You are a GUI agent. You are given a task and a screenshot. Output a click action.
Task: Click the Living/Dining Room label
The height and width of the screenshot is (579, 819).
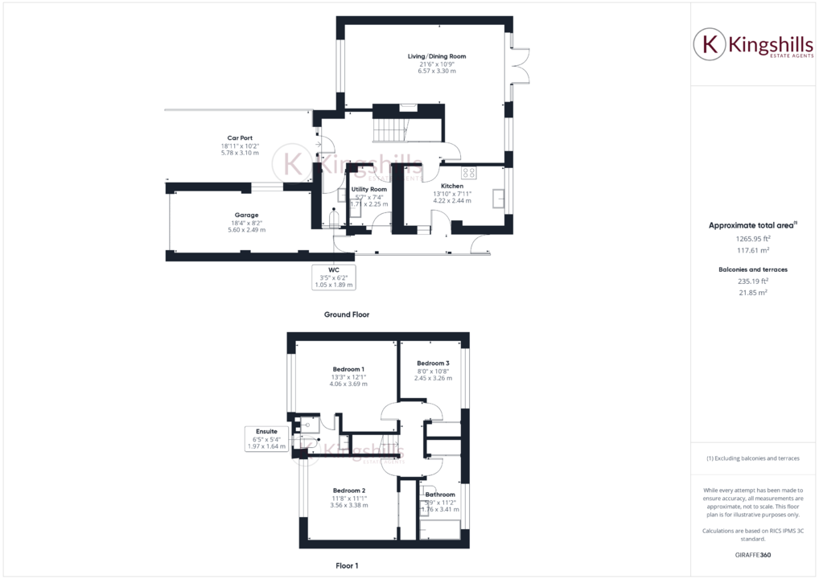436,56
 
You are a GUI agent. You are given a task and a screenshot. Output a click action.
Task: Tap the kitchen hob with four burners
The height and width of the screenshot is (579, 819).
468,173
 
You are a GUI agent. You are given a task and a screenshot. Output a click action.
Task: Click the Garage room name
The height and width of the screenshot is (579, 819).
246,216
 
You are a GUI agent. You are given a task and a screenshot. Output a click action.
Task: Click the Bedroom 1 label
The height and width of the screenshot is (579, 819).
348,369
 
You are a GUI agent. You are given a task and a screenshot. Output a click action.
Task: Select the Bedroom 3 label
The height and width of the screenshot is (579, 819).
433,363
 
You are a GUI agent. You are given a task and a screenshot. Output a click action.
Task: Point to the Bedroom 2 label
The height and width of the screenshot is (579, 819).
349,491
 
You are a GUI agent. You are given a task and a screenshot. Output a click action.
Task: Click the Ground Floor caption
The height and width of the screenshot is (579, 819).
347,314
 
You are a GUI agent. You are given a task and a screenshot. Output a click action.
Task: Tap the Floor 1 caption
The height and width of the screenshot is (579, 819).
347,566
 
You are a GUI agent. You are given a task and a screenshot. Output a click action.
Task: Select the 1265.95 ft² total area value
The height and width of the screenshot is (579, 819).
752,238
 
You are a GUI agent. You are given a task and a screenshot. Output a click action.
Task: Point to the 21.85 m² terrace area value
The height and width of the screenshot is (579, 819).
752,293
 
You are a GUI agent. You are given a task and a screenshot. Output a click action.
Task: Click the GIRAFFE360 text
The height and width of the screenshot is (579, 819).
752,556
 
